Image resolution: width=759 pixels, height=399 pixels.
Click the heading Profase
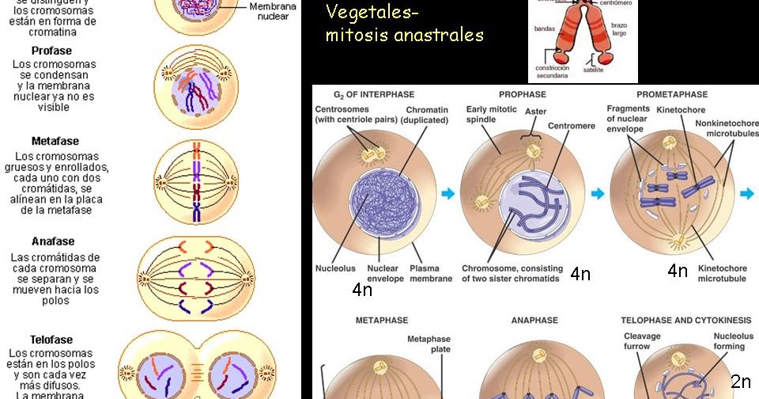click(x=51, y=51)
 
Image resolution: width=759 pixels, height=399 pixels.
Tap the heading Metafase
click(x=55, y=141)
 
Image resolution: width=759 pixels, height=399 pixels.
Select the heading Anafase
click(x=53, y=241)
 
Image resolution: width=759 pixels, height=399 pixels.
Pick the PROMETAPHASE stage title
click(x=671, y=94)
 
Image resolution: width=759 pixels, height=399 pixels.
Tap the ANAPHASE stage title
click(x=534, y=321)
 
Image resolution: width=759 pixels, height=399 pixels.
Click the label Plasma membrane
click(x=431, y=273)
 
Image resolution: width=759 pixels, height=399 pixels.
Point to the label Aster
click(x=535, y=112)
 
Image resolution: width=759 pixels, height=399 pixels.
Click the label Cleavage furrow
click(x=641, y=341)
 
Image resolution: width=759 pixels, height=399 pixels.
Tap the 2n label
click(x=741, y=382)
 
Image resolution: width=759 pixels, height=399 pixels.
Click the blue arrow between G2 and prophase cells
click(x=448, y=193)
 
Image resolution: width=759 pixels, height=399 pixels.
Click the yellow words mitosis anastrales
click(x=404, y=36)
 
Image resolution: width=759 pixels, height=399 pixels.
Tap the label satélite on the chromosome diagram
click(x=593, y=70)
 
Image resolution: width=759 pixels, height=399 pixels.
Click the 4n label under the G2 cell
click(x=362, y=291)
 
